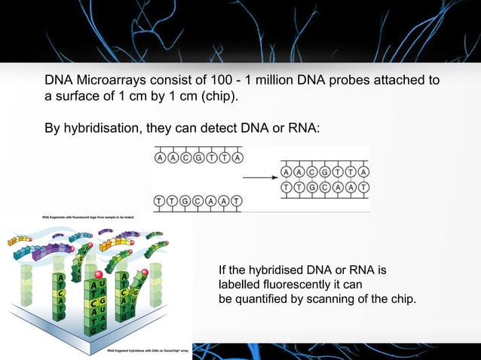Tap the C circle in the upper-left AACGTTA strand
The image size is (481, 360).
pyautogui.click(x=186, y=158)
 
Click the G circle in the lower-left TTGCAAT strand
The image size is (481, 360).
pyautogui.click(x=186, y=200)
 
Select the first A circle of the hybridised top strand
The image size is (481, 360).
pyautogui.click(x=287, y=172)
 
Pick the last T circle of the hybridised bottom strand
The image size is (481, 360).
pyautogui.click(x=364, y=186)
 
